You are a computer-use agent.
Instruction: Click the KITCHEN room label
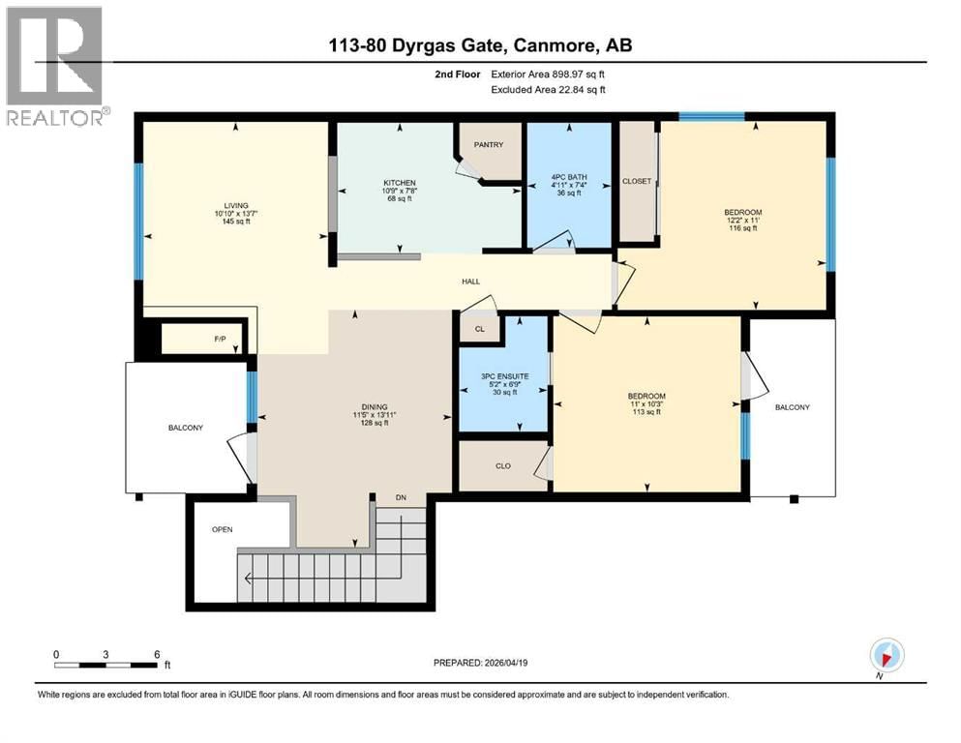click(x=399, y=183)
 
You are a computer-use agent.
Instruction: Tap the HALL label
click(x=470, y=282)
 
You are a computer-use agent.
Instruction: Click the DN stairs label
click(x=401, y=498)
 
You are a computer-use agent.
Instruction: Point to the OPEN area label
click(x=223, y=529)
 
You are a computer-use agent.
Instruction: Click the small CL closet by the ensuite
click(x=479, y=329)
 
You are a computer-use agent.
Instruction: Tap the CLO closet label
click(x=502, y=465)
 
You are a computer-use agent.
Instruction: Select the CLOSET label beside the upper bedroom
click(x=636, y=180)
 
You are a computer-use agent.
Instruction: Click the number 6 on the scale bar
click(x=157, y=654)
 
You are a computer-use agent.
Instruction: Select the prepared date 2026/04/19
click(x=507, y=663)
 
